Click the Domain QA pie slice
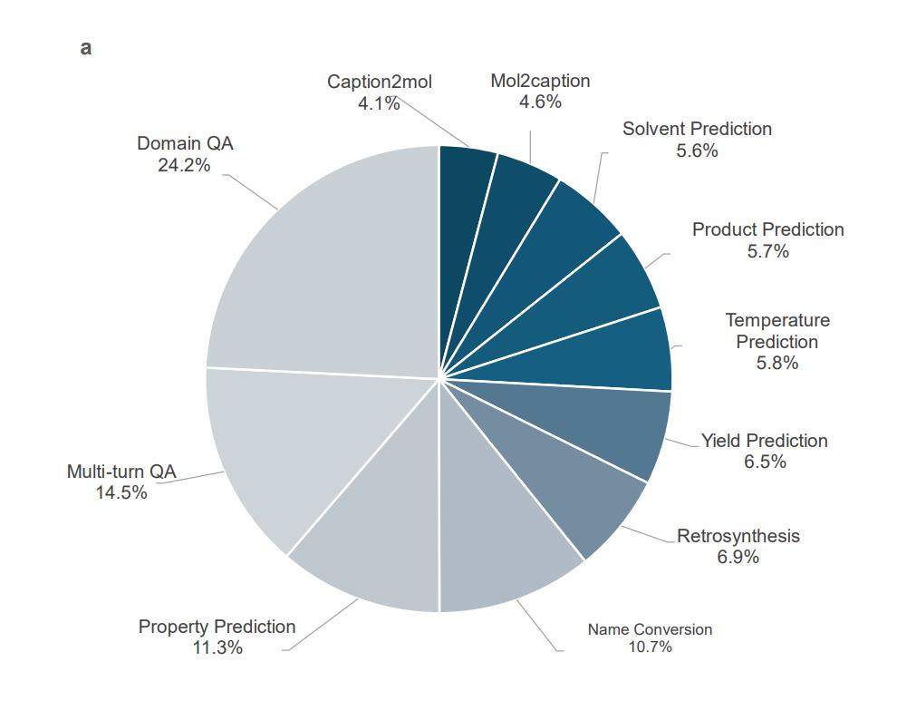click(x=335, y=272)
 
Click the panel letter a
click(x=86, y=48)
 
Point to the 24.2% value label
click(x=185, y=165)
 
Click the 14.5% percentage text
click(x=121, y=492)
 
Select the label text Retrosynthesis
click(x=738, y=536)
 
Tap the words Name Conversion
click(x=650, y=629)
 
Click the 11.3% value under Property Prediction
click(x=217, y=647)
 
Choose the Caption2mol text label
click(x=380, y=83)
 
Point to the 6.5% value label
click(x=764, y=462)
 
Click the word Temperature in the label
click(x=777, y=320)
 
